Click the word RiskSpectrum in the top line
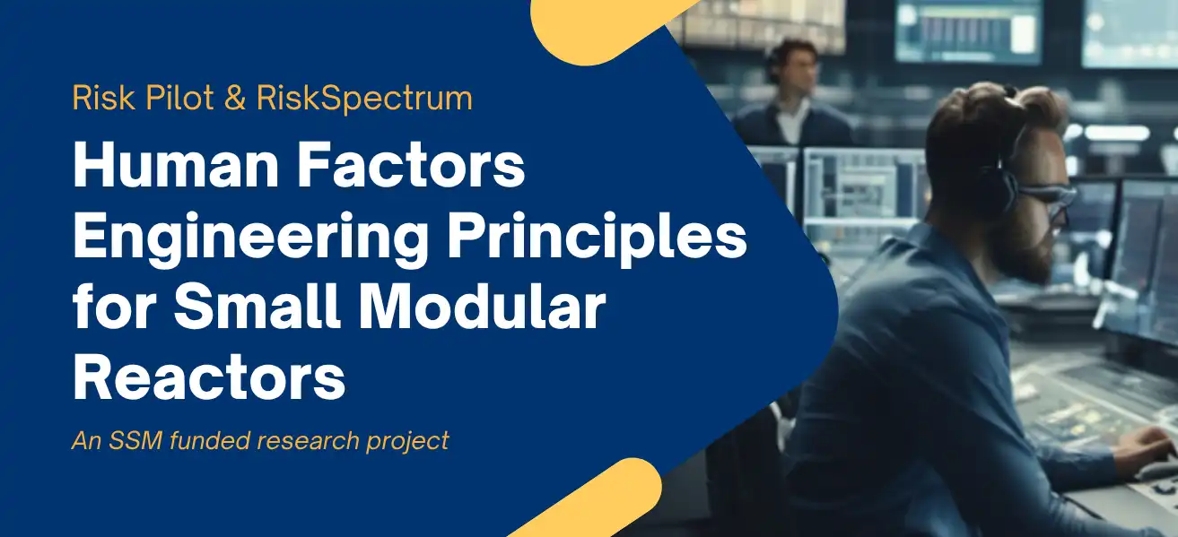tap(364, 98)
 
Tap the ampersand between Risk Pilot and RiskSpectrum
tap(235, 98)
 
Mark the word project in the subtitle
tap(408, 442)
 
